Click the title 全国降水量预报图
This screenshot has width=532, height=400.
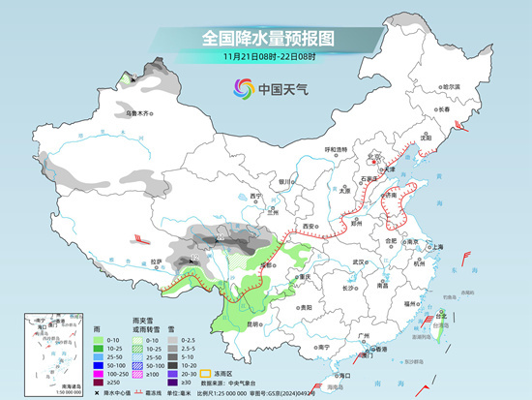[x=267, y=38]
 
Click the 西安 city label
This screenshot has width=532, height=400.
[x=310, y=226]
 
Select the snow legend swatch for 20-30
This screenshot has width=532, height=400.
[x=172, y=373]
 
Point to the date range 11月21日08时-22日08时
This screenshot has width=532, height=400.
[x=266, y=56]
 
